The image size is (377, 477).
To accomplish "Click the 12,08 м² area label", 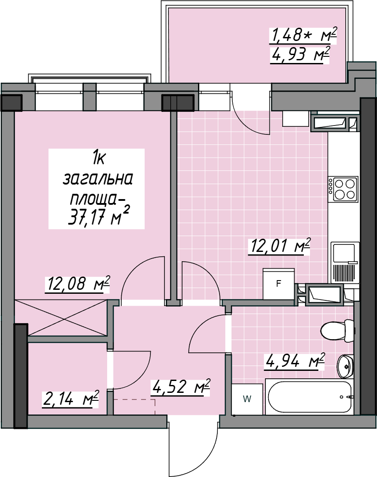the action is [77, 284].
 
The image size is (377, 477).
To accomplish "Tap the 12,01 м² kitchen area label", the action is [279, 246].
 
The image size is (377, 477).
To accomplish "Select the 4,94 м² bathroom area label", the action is [295, 361].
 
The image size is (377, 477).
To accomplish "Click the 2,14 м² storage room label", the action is [71, 399].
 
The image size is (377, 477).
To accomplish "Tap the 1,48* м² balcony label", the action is [303, 35].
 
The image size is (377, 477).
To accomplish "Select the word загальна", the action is [98, 179].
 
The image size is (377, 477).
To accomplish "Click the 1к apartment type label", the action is [99, 159].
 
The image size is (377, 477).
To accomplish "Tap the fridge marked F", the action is [278, 284].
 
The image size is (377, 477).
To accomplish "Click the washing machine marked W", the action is [247, 399].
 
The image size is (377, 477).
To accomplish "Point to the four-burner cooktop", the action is [343, 189].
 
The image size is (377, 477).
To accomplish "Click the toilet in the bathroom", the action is [338, 331].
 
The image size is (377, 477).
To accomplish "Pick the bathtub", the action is [310, 397].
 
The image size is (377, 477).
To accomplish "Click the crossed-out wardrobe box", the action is [61, 318].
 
